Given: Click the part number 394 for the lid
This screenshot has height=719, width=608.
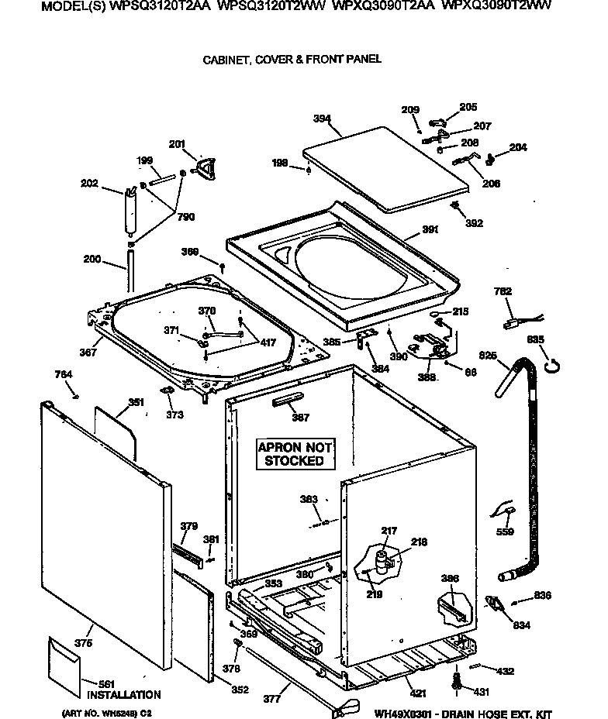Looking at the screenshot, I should pyautogui.click(x=322, y=119).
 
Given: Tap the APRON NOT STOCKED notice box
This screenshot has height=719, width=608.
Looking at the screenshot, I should pyautogui.click(x=295, y=454).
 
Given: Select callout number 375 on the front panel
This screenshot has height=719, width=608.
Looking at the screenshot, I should pyautogui.click(x=84, y=643).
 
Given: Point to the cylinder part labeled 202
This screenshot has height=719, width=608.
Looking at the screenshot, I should pyautogui.click(x=129, y=209).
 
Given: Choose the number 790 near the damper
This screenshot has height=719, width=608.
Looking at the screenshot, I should pyautogui.click(x=186, y=218).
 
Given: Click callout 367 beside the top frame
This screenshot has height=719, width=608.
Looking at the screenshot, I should pyautogui.click(x=88, y=353).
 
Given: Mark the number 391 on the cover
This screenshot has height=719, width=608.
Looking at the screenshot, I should pyautogui.click(x=430, y=230).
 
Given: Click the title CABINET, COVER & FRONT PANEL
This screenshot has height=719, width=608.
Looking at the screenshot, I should pyautogui.click(x=292, y=59).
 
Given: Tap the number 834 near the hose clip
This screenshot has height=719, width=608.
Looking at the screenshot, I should pyautogui.click(x=522, y=624).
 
